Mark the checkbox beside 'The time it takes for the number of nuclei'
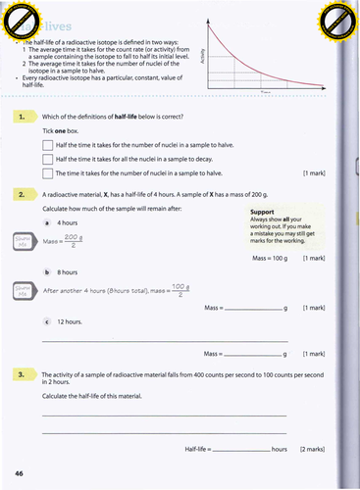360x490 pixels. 48,173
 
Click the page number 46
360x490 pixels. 20,473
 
